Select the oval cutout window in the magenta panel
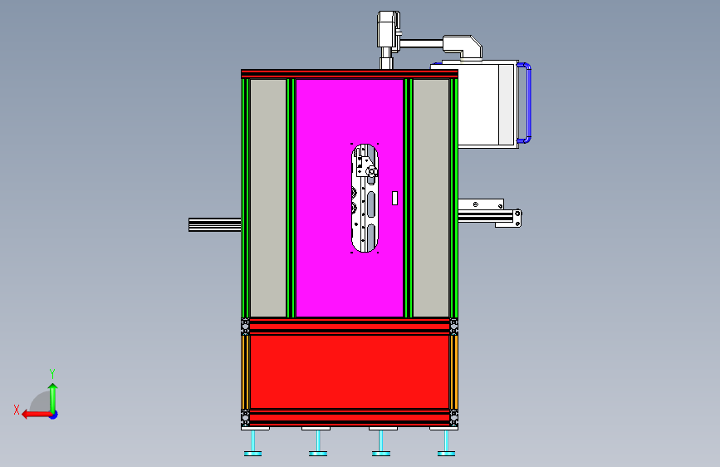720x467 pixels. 365,198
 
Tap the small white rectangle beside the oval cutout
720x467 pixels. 394,198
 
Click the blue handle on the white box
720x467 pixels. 527,103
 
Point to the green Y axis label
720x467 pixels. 52,374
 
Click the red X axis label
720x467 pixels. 17,410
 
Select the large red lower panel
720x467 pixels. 350,371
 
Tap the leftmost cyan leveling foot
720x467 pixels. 253,443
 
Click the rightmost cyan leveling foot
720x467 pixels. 446,443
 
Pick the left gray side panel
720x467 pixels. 268,198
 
